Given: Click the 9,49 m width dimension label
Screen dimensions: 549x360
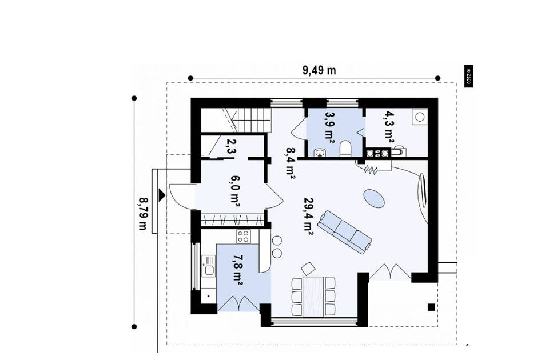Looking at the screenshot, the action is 319,71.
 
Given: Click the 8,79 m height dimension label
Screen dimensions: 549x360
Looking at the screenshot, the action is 143,214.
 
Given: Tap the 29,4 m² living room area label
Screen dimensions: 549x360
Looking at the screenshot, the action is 308,216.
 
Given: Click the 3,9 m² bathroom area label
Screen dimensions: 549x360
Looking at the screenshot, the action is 329,126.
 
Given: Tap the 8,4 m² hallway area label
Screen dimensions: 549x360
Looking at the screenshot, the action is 291,163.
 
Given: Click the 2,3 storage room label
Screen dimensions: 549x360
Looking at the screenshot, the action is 231,146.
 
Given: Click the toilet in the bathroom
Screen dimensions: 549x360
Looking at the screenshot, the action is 345,149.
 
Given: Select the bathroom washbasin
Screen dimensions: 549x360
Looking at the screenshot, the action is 320,152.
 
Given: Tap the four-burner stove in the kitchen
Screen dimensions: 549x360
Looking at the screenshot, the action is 244,237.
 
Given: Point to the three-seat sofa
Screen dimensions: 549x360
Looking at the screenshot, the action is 344,232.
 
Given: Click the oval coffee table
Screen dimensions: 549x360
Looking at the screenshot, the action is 373,198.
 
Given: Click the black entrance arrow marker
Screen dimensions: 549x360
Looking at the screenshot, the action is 161,195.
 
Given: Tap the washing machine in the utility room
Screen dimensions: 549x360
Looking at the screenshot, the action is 420,117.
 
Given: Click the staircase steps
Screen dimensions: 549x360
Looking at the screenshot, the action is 250,119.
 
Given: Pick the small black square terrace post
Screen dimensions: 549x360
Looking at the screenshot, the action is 431,307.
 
